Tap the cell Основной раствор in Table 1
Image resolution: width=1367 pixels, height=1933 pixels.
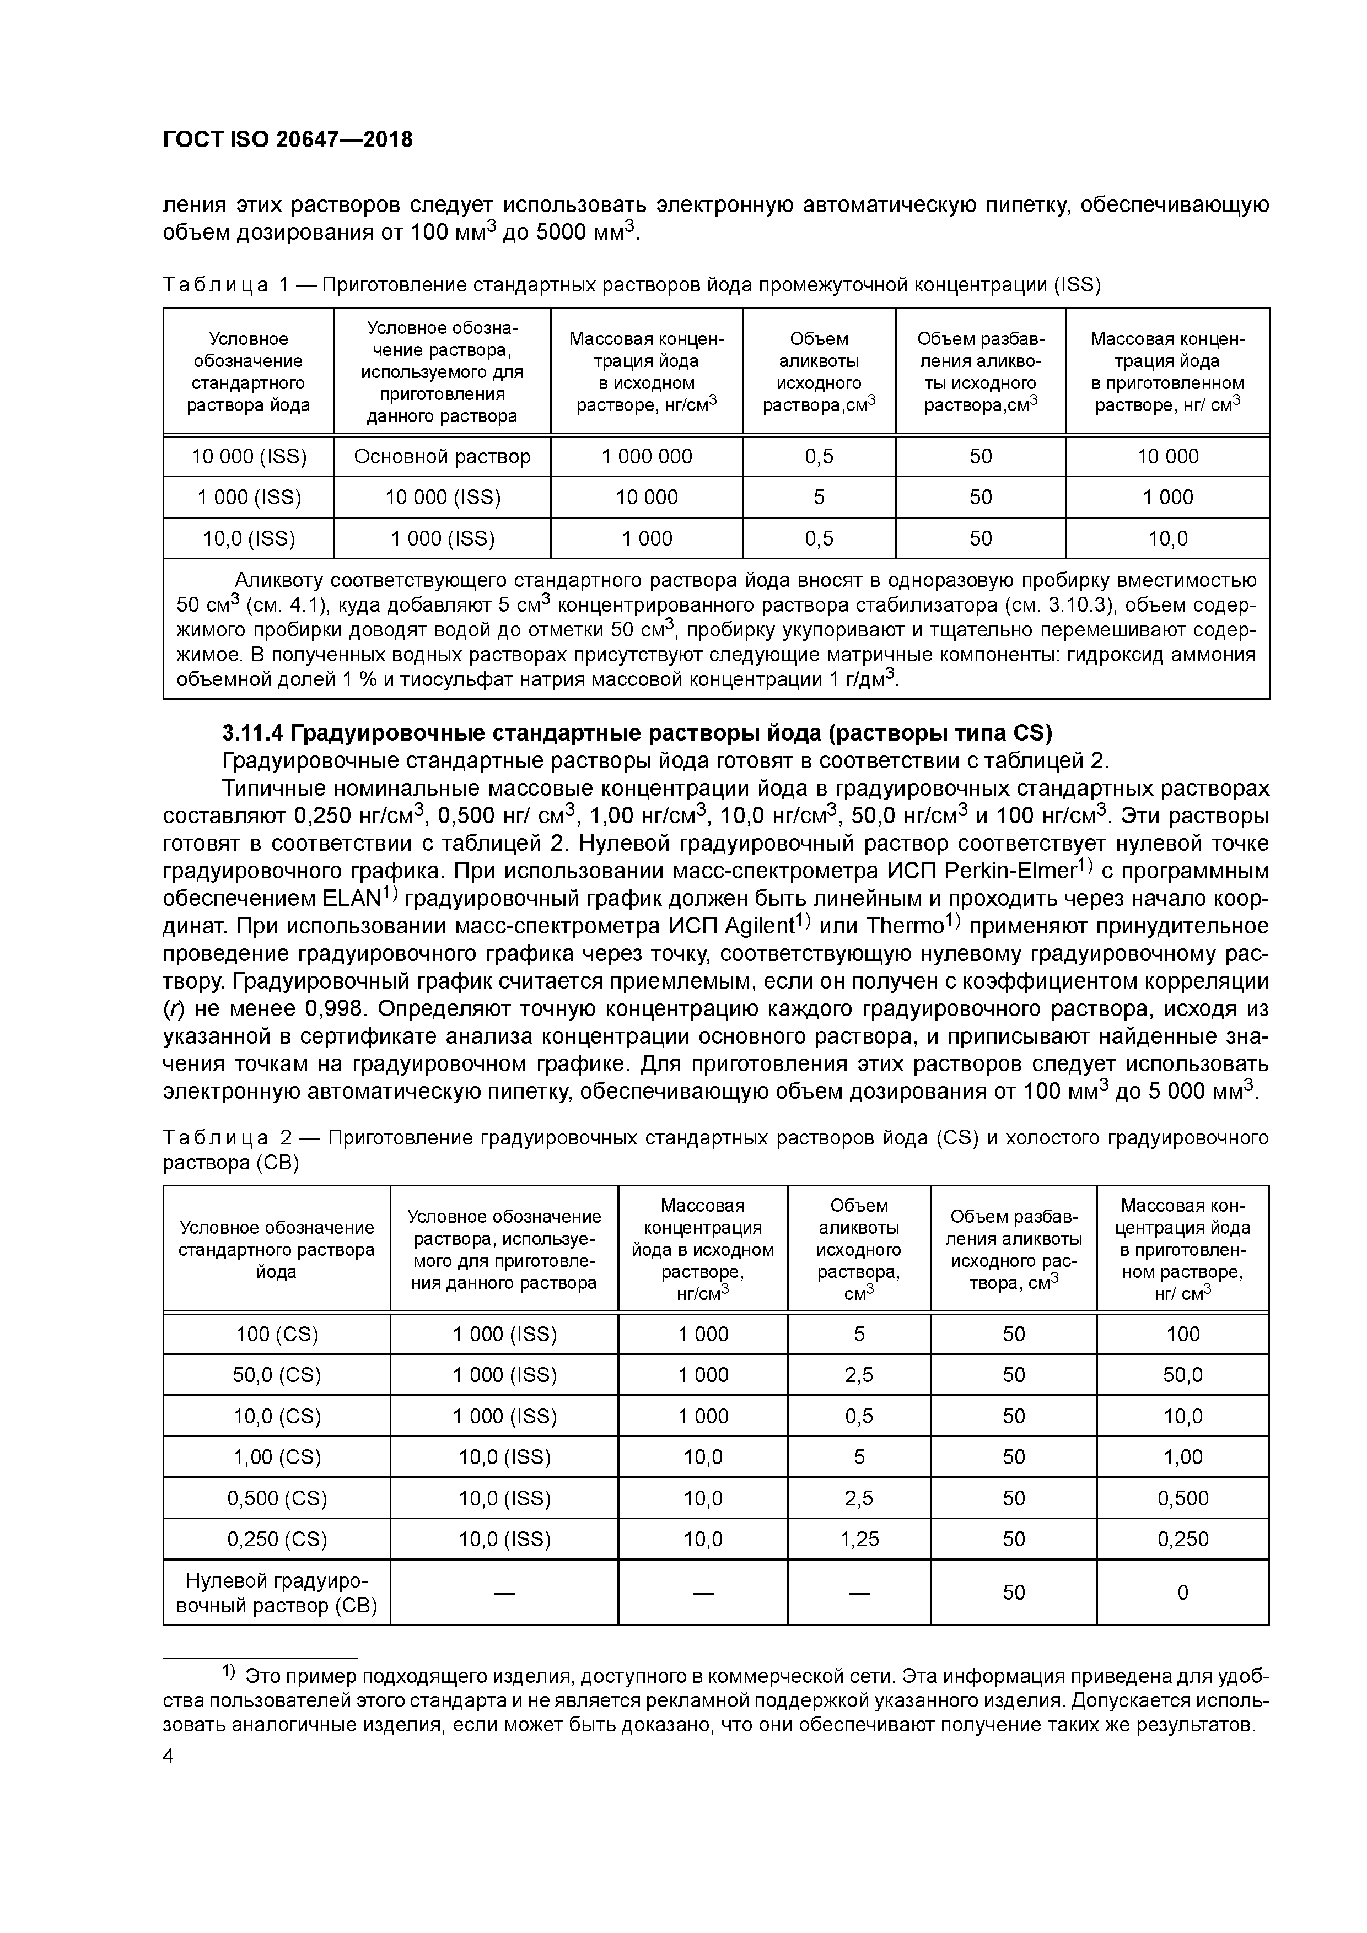tap(442, 456)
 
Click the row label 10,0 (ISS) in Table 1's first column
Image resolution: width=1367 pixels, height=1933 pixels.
tap(249, 538)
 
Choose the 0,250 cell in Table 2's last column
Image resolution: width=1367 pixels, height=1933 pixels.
tap(1182, 1539)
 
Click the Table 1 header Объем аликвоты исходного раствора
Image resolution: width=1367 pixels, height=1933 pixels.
tap(819, 371)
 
